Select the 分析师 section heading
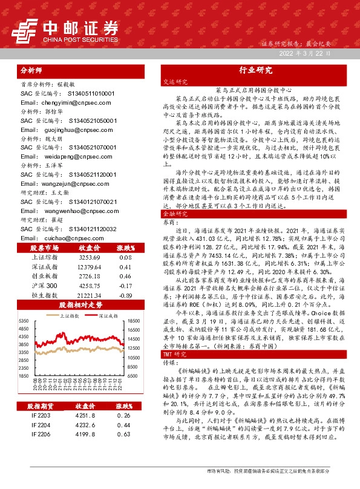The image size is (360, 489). (x=33, y=70)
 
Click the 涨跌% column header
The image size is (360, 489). (x=125, y=248)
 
